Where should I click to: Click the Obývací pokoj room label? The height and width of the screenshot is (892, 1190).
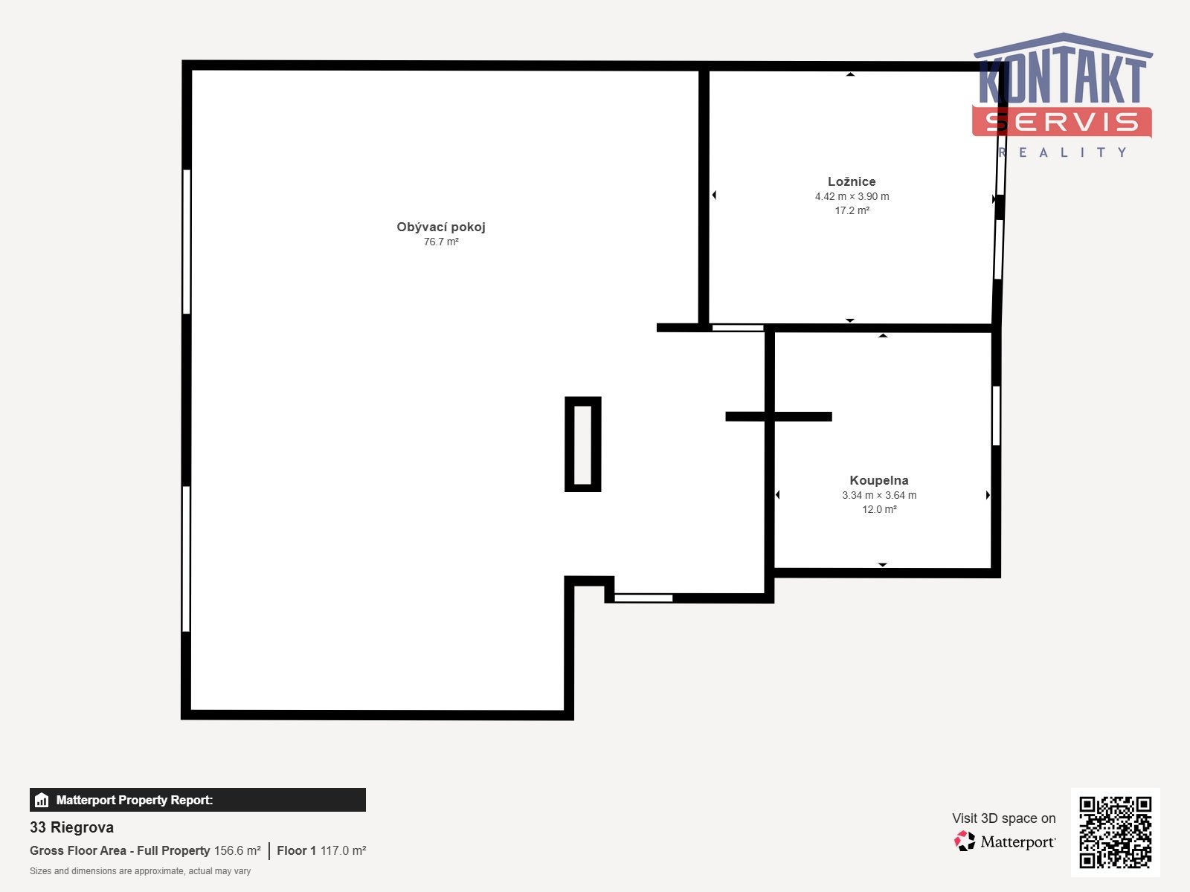coord(441,227)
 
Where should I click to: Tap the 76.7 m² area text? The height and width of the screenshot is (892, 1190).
coord(441,242)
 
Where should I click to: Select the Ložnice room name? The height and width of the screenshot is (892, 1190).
coord(852,181)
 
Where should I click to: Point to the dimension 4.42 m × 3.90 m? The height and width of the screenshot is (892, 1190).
coord(852,196)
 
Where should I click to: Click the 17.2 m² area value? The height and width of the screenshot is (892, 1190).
coord(852,210)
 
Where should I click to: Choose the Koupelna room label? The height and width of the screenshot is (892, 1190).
coord(879,480)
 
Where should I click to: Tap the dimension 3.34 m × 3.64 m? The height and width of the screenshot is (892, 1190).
coord(879,495)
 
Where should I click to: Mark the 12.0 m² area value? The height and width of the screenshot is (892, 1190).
coord(879,509)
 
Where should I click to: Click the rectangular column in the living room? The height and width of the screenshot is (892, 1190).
coord(567,444)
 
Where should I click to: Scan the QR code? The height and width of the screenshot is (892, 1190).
coord(1115,833)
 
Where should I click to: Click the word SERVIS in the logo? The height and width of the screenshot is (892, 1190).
coord(1061,122)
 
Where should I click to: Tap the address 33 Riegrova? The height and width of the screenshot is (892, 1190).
coord(71,827)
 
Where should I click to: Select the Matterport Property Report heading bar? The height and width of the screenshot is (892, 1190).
coord(197,800)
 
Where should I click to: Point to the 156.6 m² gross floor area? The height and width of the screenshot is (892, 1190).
coord(237,850)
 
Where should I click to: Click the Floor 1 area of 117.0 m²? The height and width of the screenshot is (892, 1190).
coord(321,850)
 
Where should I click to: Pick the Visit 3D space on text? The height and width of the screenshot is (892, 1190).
coord(1003,818)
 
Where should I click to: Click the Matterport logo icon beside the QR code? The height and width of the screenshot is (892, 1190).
coord(965,841)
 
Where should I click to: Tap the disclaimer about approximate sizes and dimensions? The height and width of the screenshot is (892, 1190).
coord(140,871)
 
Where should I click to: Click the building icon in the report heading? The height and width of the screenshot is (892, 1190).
coord(42,800)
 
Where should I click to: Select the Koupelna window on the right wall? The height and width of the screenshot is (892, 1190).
coord(996,416)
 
